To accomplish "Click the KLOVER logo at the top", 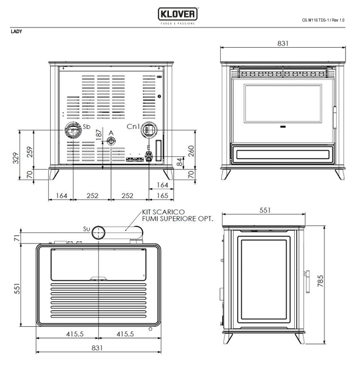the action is coord(178,14).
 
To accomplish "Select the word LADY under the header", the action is coord(16,31).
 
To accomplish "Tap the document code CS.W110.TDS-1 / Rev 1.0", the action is coord(323,20).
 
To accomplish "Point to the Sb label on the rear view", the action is coord(87,126).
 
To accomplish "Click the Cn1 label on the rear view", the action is coord(133,126).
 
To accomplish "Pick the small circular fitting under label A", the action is coord(111,141).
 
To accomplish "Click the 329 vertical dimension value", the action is coord(16,158).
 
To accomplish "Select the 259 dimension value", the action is coord(30,152).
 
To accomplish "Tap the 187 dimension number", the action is coord(99,135).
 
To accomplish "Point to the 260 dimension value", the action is coord(190,151).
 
